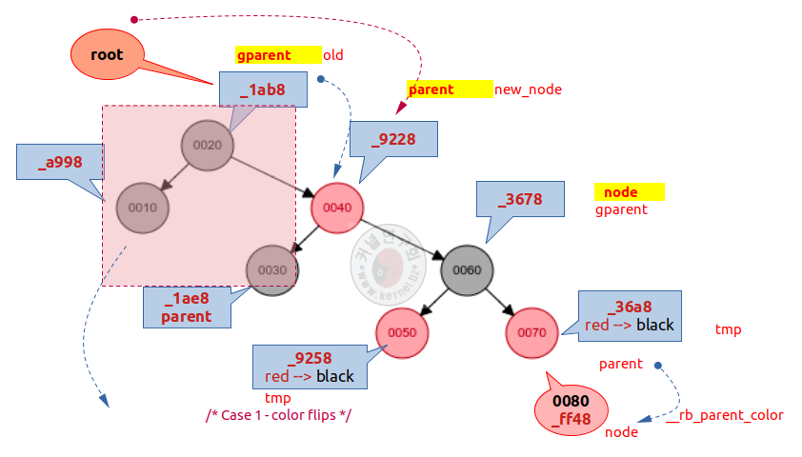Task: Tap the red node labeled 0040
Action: (x=337, y=208)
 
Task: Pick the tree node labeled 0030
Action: (x=272, y=269)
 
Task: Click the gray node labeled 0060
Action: (x=467, y=269)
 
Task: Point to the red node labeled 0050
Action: (x=402, y=331)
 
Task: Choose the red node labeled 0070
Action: (x=532, y=332)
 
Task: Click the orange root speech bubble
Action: (x=107, y=55)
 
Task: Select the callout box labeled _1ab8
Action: (x=263, y=90)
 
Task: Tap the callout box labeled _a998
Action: (x=60, y=162)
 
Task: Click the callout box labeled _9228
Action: (x=393, y=138)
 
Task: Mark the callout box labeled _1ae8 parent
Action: (x=187, y=307)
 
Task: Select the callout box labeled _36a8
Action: (x=630, y=314)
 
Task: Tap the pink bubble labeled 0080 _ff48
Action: (x=571, y=409)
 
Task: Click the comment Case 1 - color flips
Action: (x=279, y=416)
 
